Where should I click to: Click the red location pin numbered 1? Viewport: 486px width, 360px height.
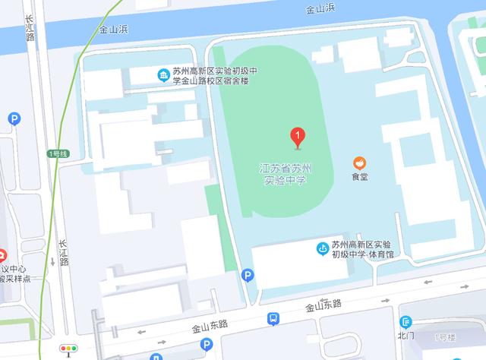coord(298,137)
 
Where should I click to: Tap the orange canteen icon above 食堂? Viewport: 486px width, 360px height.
coord(359,163)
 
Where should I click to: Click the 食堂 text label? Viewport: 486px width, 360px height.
coord(359,178)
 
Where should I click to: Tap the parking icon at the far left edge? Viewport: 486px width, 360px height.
coord(14,118)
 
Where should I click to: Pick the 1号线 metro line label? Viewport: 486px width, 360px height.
coord(58,154)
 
